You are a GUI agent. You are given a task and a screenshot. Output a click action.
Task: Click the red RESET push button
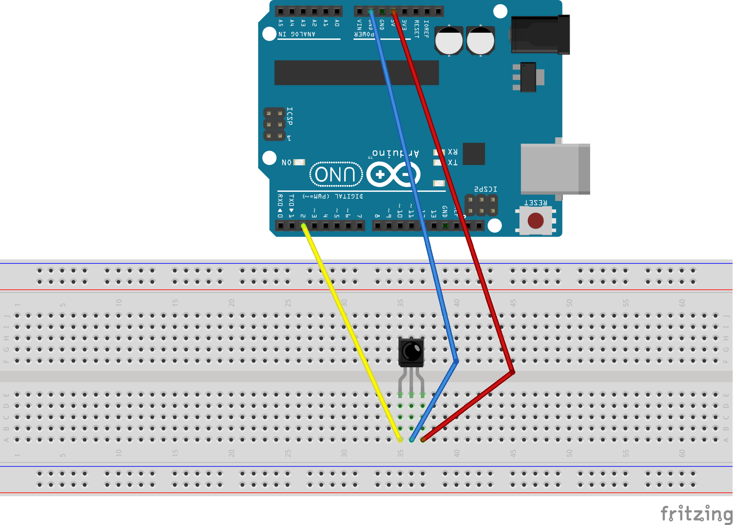[x=535, y=221]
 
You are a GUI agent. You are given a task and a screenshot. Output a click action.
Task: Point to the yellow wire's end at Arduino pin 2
[x=304, y=226]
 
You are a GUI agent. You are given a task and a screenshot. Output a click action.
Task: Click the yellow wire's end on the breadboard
[x=400, y=440]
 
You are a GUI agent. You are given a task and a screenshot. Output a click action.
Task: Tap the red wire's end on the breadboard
[x=423, y=440]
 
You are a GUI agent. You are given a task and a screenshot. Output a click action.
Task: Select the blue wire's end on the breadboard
[x=412, y=440]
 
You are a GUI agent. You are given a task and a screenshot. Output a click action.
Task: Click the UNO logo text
[x=336, y=174]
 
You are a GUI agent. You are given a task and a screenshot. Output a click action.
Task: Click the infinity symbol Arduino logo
[x=393, y=174]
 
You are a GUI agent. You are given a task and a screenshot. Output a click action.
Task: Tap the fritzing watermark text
[x=696, y=513]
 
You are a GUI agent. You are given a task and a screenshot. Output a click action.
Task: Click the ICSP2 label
[x=486, y=189]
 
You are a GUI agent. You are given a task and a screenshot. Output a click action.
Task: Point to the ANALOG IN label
[x=297, y=34]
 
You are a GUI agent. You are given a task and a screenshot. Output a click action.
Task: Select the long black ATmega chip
[x=356, y=72]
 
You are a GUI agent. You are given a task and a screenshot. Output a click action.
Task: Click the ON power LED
[x=299, y=162]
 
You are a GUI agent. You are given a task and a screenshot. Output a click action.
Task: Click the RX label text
[x=453, y=152]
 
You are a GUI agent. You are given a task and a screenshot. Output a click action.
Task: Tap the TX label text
[x=453, y=162]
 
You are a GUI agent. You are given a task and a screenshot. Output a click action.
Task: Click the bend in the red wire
[x=513, y=372]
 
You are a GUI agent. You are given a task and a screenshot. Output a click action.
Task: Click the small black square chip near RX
[x=474, y=154]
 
